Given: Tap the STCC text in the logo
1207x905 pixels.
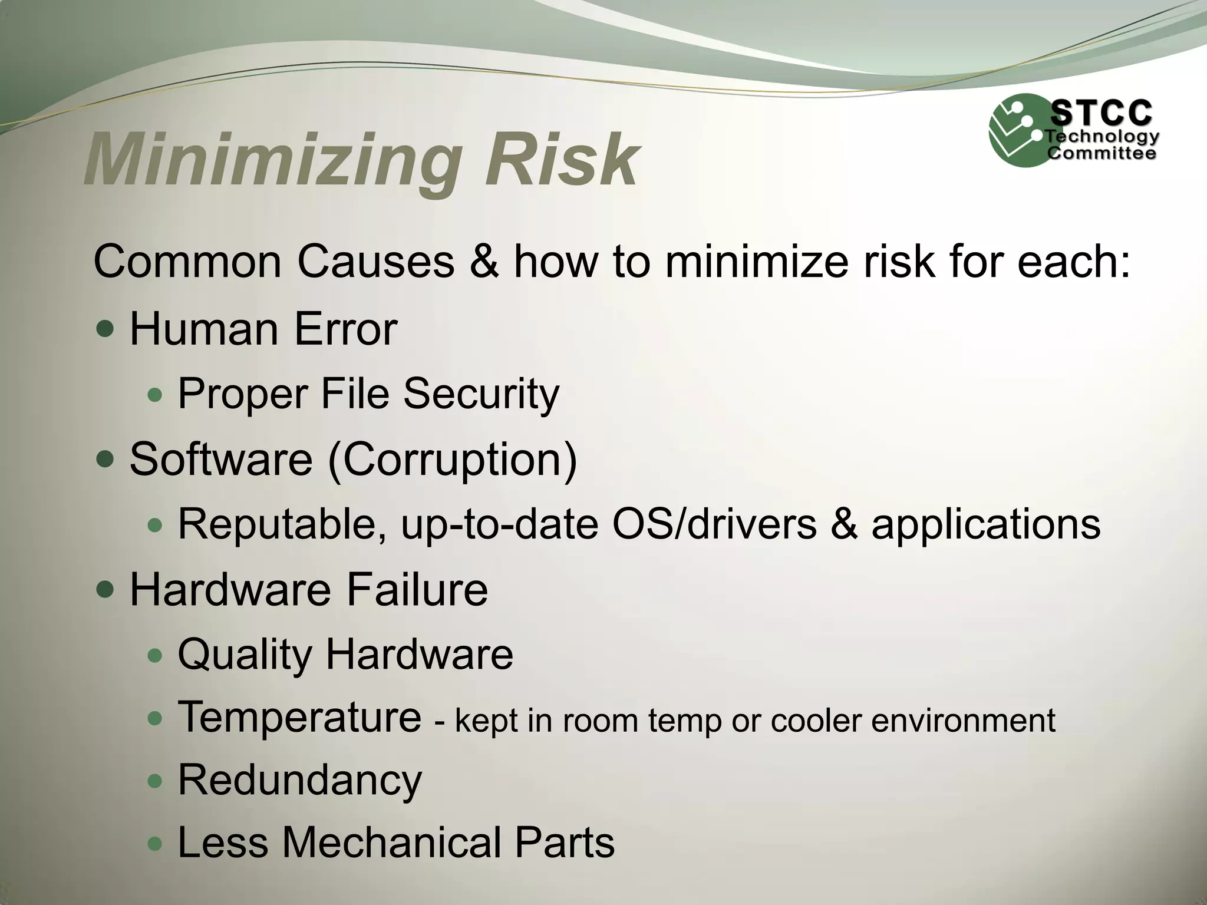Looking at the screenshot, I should (1101, 113).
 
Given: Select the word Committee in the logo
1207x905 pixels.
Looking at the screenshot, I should (1101, 154).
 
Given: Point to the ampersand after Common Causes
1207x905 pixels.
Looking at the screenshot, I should (484, 261).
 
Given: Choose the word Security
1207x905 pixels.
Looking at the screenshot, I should (481, 394).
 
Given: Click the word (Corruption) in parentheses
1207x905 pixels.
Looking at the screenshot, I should (453, 459).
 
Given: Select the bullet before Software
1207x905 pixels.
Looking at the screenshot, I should (105, 459).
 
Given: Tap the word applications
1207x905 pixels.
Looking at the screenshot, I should (985, 524).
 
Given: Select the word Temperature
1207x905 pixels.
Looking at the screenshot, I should (299, 718).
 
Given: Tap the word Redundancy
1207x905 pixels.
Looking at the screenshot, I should (299, 781).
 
